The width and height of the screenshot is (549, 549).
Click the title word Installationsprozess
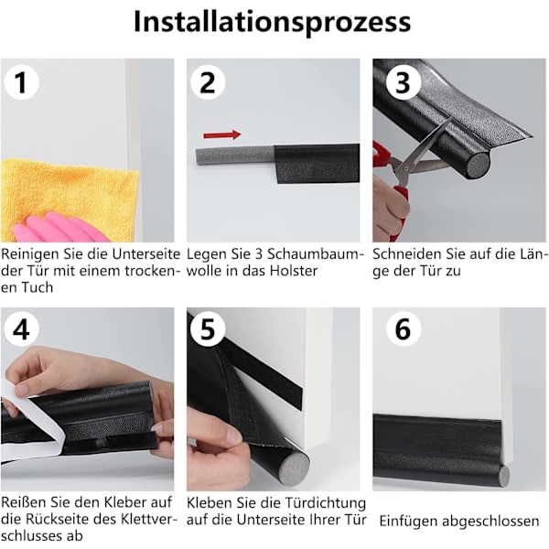[272, 23]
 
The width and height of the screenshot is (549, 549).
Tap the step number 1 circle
[21, 82]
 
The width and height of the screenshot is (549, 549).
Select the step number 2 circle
[208, 82]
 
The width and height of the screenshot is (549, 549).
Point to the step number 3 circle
[403, 82]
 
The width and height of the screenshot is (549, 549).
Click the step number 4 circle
[21, 329]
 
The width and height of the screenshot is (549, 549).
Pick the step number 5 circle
[208, 329]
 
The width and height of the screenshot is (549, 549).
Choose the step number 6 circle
[403, 329]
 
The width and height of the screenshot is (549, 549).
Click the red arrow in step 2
[222, 135]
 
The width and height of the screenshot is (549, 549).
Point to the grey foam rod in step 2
[234, 157]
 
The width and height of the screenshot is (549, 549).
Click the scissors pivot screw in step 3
[405, 168]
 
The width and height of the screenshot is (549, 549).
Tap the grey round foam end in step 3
[478, 165]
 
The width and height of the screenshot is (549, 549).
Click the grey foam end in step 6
[503, 475]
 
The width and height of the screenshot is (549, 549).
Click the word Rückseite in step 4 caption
[60, 519]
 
